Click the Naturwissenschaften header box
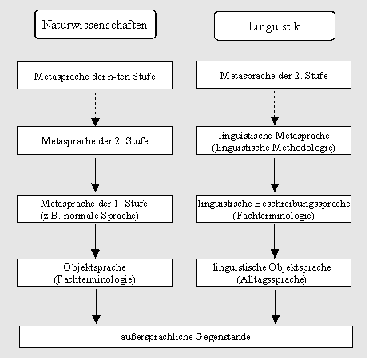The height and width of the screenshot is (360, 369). tap(95, 25)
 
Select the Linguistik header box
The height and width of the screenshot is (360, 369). tap(275, 26)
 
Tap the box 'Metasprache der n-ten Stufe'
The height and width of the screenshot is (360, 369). tap(94, 76)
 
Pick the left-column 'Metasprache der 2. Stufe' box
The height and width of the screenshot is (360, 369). tap(94, 140)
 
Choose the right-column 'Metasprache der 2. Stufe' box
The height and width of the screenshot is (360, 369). tap(274, 75)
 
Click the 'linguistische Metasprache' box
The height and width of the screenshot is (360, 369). tap(274, 140)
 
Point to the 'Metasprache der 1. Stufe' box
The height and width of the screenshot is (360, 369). tap(94, 209)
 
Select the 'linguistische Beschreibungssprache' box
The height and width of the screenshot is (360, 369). tap(274, 209)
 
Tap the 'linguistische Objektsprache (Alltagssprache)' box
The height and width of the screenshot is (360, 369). tap(274, 273)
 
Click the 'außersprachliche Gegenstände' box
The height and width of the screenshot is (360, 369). tap(186, 337)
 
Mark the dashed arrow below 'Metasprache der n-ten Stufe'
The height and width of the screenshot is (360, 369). tap(95, 109)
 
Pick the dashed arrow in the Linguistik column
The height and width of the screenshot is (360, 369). tap(275, 108)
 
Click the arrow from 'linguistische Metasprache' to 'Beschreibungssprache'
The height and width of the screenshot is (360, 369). tap(275, 175)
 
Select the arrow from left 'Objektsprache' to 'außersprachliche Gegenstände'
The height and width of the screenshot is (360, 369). tap(96, 307)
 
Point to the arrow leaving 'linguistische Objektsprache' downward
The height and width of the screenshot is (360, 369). tap(276, 307)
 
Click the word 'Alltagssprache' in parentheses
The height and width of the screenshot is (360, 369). tap(272, 279)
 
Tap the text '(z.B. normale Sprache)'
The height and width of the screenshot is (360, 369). tap(89, 216)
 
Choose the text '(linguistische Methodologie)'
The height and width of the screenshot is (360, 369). tap(273, 148)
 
